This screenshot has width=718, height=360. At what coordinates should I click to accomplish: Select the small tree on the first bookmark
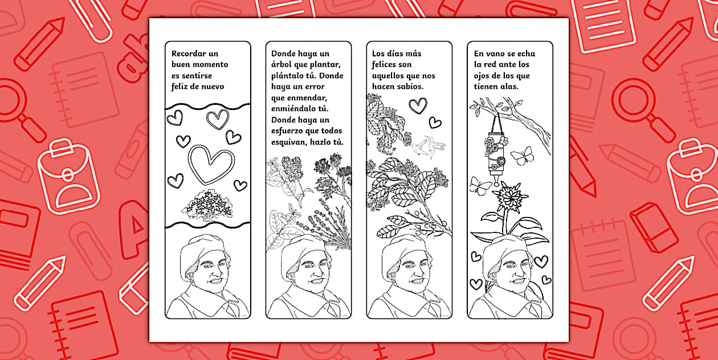(x=207, y=205)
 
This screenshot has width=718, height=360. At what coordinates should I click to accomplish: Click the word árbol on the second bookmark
(x=282, y=65)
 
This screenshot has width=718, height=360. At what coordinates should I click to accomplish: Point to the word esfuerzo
(x=287, y=131)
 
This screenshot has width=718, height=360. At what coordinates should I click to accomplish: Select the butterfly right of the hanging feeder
(x=523, y=156)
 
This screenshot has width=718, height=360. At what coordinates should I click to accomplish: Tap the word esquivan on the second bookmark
(x=289, y=142)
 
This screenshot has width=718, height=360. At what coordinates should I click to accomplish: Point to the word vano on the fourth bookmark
(x=496, y=54)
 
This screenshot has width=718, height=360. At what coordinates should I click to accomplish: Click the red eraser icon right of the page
(x=654, y=227)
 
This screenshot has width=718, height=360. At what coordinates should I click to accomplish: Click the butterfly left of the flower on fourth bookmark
(x=480, y=186)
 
